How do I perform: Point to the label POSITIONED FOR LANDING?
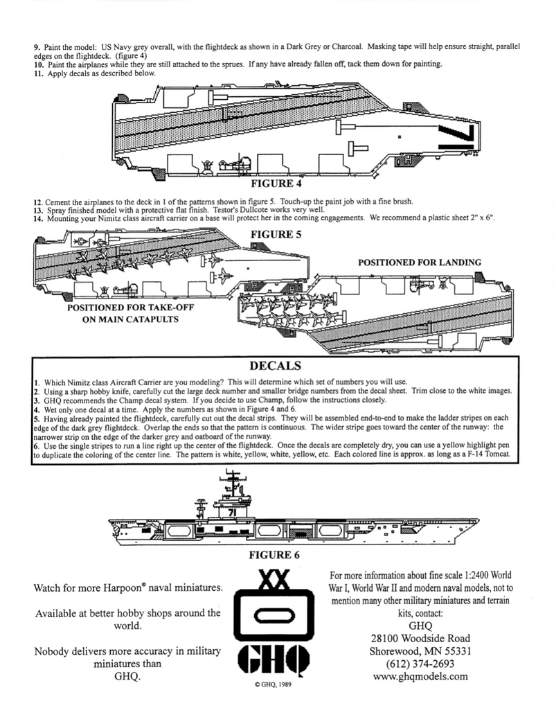click(x=419, y=263)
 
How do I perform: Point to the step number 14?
click(x=38, y=218)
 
